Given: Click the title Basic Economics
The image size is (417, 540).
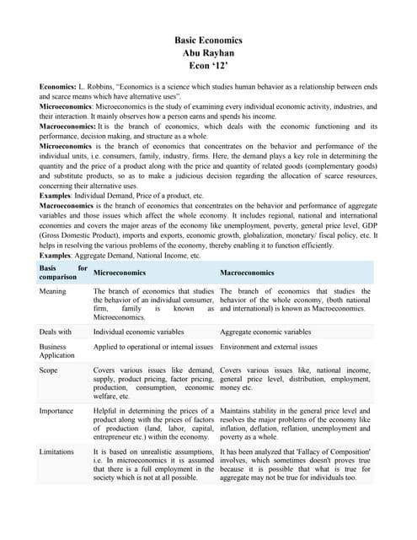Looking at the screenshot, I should [208, 40].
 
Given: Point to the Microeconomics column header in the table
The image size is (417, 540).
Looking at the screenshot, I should [120, 273].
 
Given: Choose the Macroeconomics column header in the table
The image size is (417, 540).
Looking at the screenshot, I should [247, 273].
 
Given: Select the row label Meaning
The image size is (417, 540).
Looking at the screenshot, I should [55, 291].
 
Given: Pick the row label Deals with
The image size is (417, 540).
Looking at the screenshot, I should [56, 332].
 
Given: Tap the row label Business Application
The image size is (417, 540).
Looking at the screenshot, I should [57, 351].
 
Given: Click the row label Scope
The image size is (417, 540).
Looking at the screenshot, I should [50, 370].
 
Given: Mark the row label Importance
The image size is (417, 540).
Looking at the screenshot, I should [58, 411].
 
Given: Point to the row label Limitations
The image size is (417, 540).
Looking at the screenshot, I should [59, 452].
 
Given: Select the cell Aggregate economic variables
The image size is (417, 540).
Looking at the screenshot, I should [265, 332].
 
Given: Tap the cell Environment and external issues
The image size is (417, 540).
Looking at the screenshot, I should [269, 347].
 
